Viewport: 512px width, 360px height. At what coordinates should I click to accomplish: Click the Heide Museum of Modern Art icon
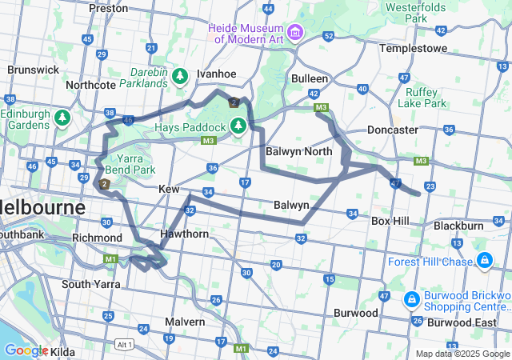[x=296, y=32]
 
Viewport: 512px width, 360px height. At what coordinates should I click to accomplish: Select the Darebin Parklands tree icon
[x=181, y=76]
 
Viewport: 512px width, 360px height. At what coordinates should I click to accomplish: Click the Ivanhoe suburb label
[x=216, y=74]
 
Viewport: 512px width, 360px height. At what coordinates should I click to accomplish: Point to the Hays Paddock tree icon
[x=238, y=126]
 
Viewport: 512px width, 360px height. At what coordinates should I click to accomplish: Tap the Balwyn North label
[x=299, y=151]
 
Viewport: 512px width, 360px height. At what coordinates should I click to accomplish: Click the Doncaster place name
[x=392, y=130]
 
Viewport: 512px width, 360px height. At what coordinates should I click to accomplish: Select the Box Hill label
[x=390, y=221]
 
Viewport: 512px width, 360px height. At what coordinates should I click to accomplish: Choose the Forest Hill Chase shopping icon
[x=485, y=261]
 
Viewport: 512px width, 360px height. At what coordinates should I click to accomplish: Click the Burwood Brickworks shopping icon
[x=410, y=298]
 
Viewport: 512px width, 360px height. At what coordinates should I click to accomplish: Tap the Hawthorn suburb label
[x=184, y=234]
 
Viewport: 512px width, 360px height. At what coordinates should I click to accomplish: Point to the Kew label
[x=168, y=188]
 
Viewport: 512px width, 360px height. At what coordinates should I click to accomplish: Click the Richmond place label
[x=96, y=238]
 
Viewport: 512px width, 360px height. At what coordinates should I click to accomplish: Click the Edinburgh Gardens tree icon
[x=62, y=118]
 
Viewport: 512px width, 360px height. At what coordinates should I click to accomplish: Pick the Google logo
[x=26, y=350]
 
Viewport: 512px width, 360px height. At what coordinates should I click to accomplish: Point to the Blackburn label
[x=458, y=226]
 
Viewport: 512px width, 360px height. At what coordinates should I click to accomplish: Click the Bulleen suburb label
[x=310, y=78]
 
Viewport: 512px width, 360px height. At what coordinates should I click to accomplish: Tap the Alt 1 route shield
[x=123, y=343]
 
